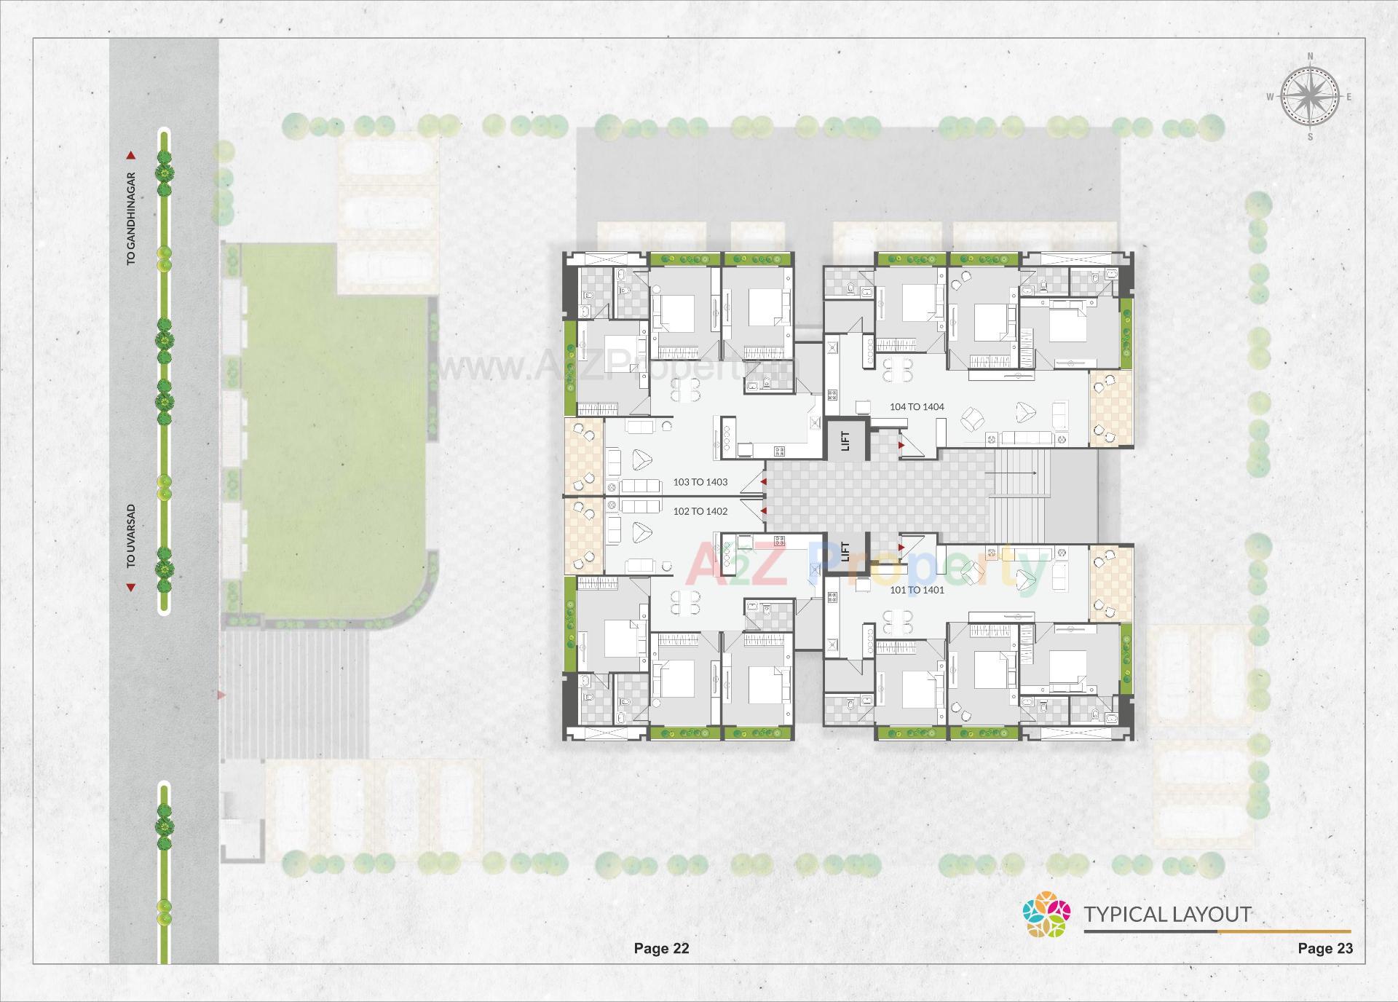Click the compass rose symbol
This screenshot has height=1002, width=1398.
(x=1310, y=96)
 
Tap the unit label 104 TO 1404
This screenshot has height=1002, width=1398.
(x=917, y=407)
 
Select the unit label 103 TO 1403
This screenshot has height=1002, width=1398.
(x=700, y=482)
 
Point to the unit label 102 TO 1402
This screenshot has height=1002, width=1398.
(x=700, y=511)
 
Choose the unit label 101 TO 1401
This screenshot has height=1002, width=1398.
(x=917, y=590)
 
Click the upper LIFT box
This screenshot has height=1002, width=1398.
(x=845, y=441)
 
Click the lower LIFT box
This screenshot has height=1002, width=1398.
(x=845, y=551)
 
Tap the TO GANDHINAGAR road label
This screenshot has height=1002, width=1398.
(x=132, y=218)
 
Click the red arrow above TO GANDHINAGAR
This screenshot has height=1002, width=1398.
(x=131, y=155)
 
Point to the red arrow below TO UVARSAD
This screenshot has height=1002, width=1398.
(x=131, y=587)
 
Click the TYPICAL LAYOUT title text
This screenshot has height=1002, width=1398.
(x=1167, y=914)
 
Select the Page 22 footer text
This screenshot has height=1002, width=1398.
(x=661, y=948)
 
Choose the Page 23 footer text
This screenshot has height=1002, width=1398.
(x=1325, y=948)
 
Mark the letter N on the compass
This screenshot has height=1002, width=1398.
(x=1310, y=56)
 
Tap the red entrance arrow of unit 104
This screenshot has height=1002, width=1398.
(x=901, y=444)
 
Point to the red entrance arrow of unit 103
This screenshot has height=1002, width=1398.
(x=763, y=482)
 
